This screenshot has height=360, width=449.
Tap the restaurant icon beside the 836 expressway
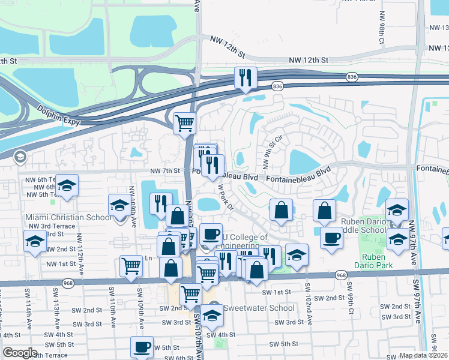[246, 78]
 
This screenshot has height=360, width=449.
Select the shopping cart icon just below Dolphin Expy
[185, 124]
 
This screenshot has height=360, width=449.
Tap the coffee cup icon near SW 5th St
[142, 347]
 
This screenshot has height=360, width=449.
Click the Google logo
[20, 353]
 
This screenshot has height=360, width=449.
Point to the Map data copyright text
[424, 355]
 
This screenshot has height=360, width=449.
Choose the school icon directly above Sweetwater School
[212, 315]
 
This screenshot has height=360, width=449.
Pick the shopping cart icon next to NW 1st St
[131, 266]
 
